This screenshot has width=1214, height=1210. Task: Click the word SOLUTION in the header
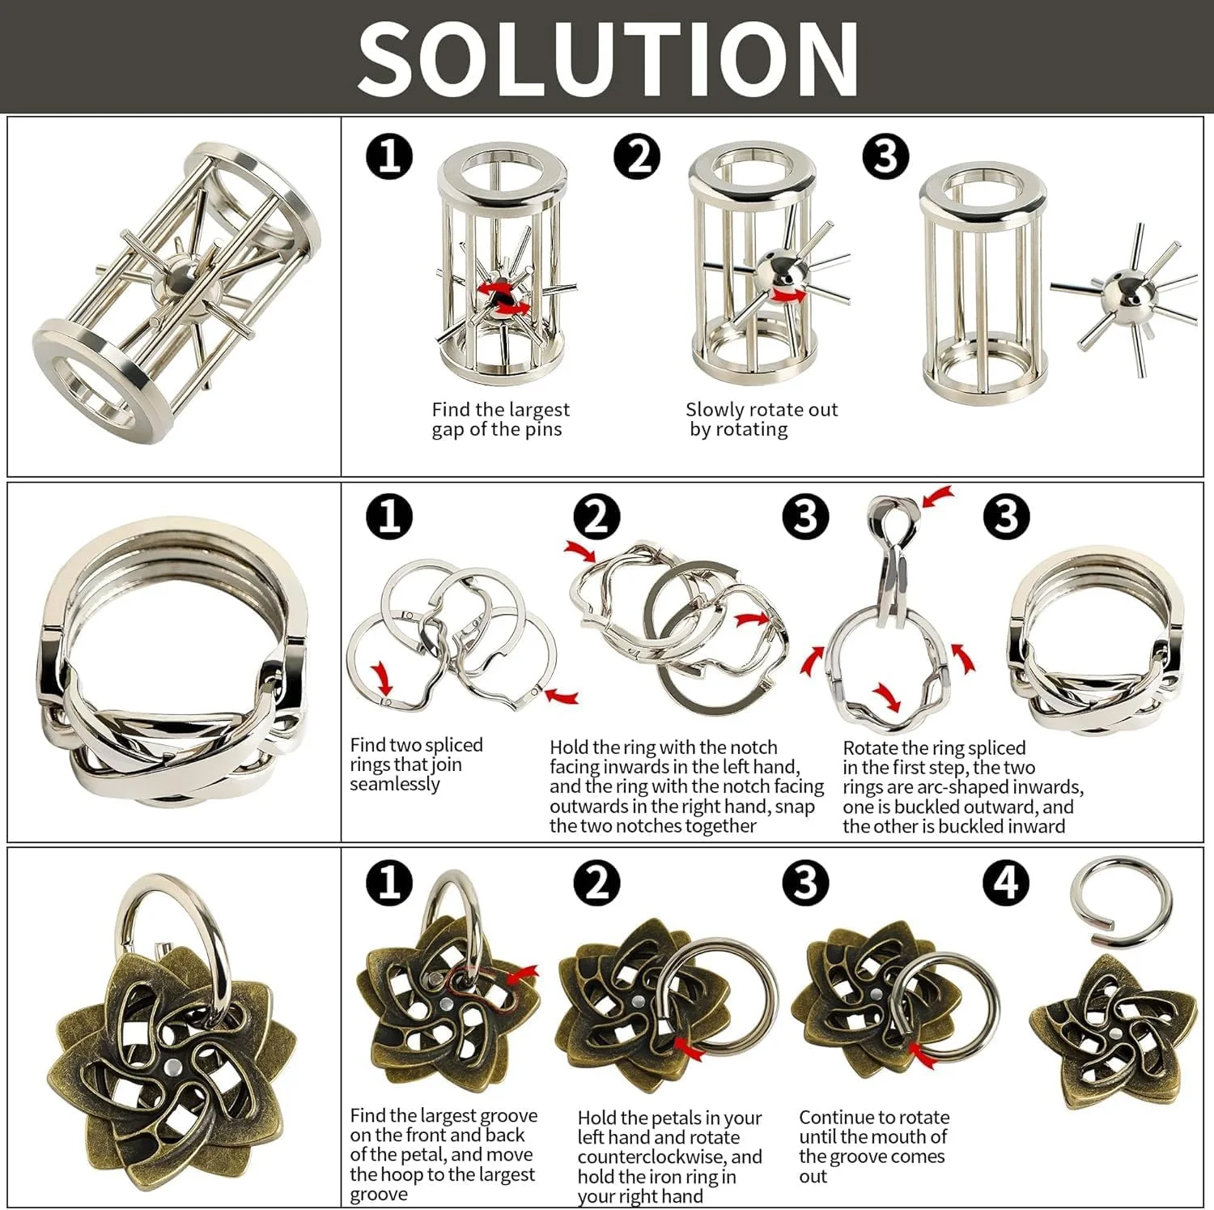click(608, 58)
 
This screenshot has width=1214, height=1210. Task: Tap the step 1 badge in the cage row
click(389, 156)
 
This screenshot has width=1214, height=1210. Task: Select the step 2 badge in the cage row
click(638, 156)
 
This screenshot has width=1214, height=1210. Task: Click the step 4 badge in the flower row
click(1006, 882)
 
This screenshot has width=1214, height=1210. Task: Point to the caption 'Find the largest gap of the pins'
click(500, 420)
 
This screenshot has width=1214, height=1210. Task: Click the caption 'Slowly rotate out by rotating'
click(761, 420)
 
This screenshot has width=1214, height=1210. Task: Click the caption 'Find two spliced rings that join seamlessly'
click(416, 764)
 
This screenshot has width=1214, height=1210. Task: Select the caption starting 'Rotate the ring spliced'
click(963, 787)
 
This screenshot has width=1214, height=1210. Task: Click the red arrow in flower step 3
click(923, 1054)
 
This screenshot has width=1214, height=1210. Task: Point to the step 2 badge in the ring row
click(596, 517)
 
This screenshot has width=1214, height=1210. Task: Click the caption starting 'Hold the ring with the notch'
click(686, 786)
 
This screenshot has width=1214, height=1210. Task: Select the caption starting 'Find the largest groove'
click(444, 1155)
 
